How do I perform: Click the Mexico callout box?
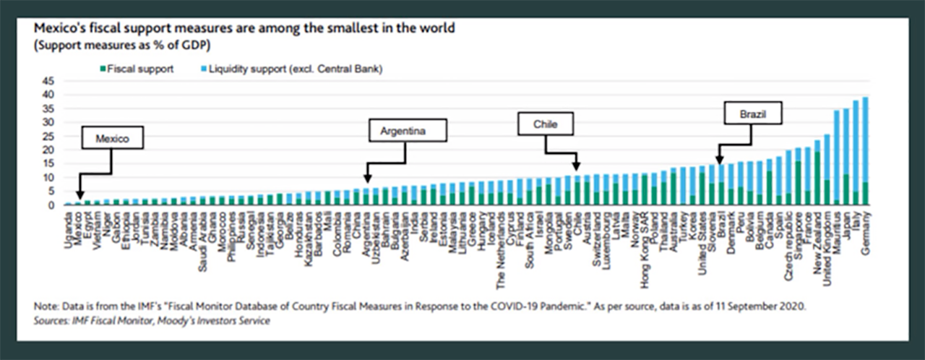[112, 140]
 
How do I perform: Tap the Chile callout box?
[546, 124]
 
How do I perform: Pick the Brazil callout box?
[752, 113]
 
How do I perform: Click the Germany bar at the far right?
[865, 152]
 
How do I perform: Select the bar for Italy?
[856, 153]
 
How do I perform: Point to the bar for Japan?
[846, 157]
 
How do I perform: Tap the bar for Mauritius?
[837, 158]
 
